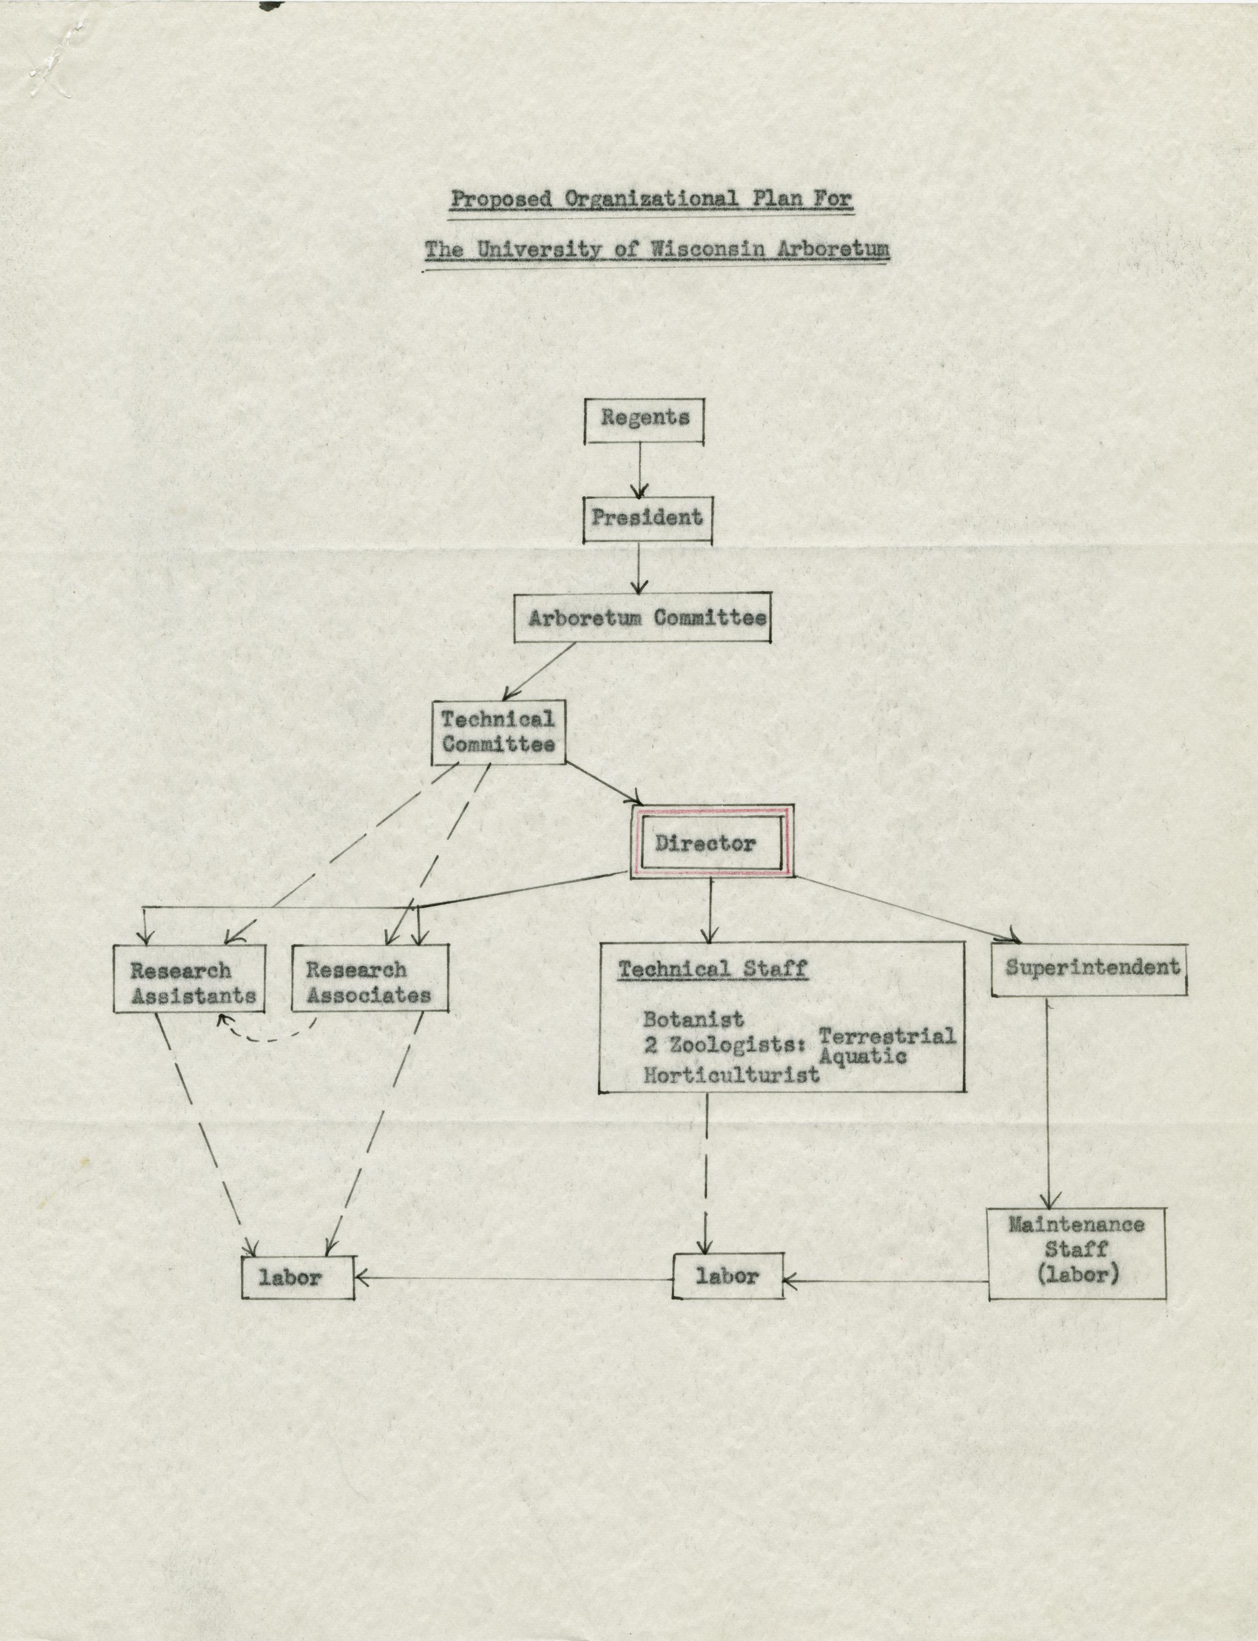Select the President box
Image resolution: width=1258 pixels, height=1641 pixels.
click(x=647, y=518)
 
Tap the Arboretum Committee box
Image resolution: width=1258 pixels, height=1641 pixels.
click(x=642, y=618)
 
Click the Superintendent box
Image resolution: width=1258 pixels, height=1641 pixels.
click(x=1089, y=968)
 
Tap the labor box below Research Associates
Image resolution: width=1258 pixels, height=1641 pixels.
click(x=297, y=1277)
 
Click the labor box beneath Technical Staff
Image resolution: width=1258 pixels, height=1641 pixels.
click(x=728, y=1275)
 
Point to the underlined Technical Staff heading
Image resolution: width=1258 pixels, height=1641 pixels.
click(x=712, y=969)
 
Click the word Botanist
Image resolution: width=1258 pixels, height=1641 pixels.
click(x=693, y=1020)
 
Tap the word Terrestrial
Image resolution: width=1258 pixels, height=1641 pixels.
click(x=887, y=1037)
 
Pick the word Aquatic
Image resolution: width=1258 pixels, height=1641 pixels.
click(x=863, y=1056)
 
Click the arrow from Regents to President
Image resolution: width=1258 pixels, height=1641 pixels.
click(x=639, y=470)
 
